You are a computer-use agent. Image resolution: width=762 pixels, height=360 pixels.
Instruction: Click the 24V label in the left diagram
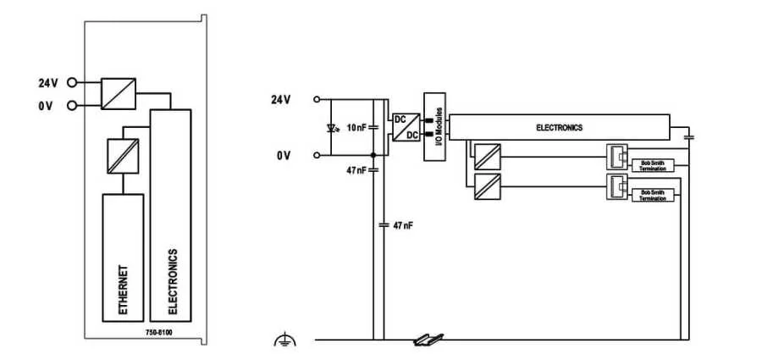point(48,83)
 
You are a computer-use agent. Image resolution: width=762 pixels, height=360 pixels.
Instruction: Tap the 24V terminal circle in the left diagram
point(72,83)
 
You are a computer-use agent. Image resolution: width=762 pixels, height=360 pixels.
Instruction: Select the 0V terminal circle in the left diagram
point(72,105)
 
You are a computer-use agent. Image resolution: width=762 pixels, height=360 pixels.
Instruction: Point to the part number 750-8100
point(157,331)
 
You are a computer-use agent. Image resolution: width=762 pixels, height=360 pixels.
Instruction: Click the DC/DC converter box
point(406,127)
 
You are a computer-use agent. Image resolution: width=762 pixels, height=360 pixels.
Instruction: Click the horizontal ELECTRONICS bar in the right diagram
point(560,127)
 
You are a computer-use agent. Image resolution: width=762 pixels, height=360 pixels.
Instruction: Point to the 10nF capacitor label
point(357,128)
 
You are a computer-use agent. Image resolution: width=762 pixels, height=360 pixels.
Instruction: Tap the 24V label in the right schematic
point(280,99)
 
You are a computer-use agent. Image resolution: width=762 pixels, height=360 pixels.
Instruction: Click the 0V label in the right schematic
point(284,156)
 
